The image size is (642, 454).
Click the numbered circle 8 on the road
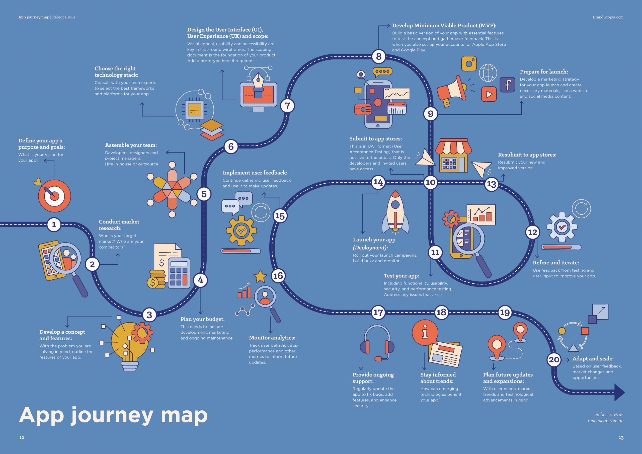[379, 56]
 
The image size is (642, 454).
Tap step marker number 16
[278, 276]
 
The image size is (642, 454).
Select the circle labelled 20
[554, 359]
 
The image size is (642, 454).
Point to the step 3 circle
[149, 315]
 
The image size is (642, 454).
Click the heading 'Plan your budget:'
[202, 319]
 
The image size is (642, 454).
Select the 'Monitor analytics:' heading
[272, 338]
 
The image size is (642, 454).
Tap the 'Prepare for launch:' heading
[544, 71]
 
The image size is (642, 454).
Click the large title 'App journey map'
[113, 415]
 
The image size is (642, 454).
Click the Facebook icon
[507, 85]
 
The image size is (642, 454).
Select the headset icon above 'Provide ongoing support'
[377, 343]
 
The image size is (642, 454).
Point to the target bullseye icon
[54, 196]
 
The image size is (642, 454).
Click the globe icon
[488, 73]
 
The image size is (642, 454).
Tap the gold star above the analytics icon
[260, 276]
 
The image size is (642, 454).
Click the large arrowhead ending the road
[619, 392]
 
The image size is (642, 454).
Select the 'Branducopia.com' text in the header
[608, 17]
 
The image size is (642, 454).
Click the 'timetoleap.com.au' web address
[605, 421]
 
